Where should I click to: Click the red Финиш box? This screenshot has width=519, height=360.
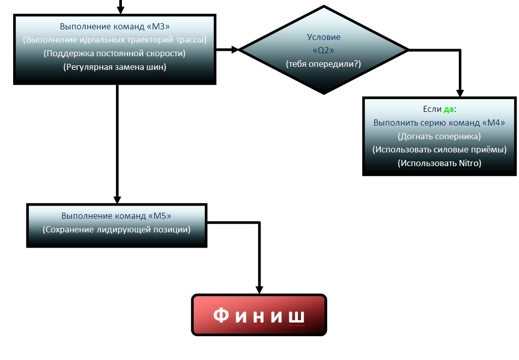pos(259,315)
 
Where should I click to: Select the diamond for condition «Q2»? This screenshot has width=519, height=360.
pos(324,50)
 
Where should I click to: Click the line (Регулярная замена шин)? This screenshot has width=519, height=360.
pos(115,66)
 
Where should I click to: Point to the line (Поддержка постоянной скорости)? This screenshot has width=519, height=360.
pos(115,53)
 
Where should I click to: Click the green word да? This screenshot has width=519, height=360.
pos(449,109)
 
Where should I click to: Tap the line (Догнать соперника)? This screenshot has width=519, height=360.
pos(439,136)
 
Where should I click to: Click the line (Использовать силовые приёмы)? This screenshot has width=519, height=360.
pos(439,150)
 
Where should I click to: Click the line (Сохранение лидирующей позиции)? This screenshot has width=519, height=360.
pos(117,229)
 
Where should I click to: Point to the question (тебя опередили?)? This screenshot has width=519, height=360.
pos(324,64)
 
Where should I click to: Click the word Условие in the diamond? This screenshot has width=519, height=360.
pos(324,37)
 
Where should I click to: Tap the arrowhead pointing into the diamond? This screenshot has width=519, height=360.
pos(235,50)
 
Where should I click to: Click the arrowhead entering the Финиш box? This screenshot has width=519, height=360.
pos(259,290)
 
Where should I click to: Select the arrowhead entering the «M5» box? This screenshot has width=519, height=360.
pos(117,199)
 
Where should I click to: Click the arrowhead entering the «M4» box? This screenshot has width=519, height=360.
pos(460,93)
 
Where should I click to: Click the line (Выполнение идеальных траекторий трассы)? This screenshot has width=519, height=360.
pos(115,40)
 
